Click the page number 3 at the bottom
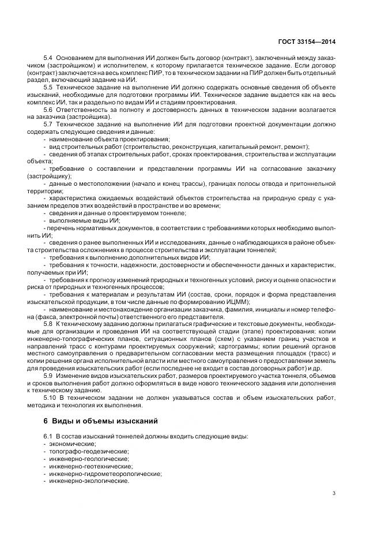[x=335, y=492]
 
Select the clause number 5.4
[x=48, y=58]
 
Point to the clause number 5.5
[x=48, y=86]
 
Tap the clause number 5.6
[x=48, y=109]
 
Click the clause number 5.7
[x=48, y=123]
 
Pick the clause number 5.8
[x=48, y=324]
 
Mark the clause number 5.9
[x=48, y=376]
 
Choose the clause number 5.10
[x=50, y=397]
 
